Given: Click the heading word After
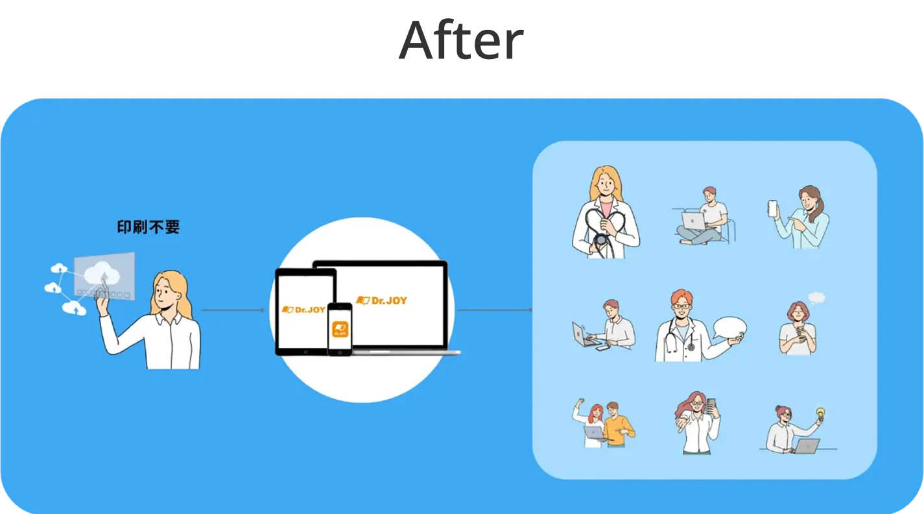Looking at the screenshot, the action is (459, 42).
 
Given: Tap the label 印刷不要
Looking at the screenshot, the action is (148, 227).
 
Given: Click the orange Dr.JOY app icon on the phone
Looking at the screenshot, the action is (340, 329).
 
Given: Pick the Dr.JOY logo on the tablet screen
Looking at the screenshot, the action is (305, 310).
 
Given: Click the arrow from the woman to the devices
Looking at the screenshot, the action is (233, 310).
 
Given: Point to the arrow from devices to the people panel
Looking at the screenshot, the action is (494, 310).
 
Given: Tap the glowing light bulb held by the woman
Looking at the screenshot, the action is (820, 413).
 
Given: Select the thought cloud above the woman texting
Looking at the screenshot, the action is (816, 298).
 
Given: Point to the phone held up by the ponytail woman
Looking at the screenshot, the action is (772, 208).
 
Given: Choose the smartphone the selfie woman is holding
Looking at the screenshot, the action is (711, 406).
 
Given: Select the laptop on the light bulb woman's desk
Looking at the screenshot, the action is (807, 445).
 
